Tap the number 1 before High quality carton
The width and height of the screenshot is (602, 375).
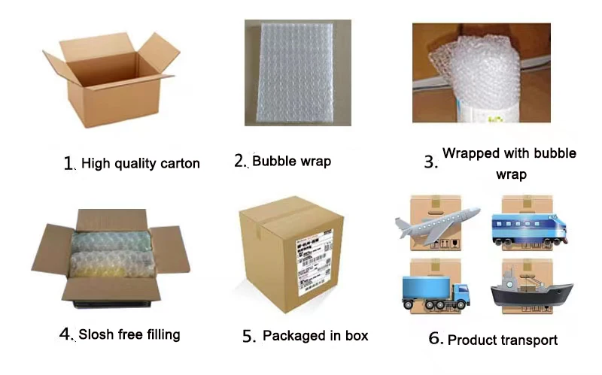coord(69,163)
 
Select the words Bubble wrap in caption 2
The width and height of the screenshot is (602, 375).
coord(291,161)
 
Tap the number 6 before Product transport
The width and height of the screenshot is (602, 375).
coord(436,338)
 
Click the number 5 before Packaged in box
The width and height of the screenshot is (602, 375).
coord(250,337)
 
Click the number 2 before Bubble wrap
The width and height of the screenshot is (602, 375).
coord(240,161)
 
